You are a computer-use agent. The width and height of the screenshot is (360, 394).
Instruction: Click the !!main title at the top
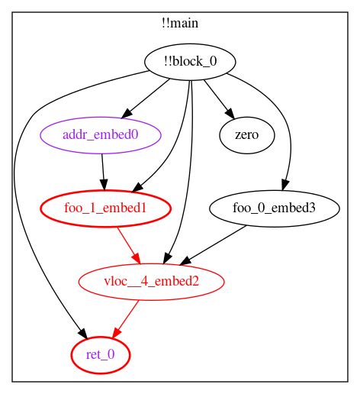click(180, 23)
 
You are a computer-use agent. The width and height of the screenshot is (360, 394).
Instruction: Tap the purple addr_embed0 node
click(102, 136)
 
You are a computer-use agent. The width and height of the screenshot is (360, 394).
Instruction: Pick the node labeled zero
click(238, 136)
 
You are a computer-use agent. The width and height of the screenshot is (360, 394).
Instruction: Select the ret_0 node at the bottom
click(101, 354)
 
